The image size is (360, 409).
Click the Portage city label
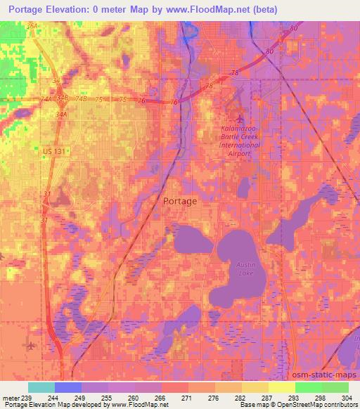click(x=180, y=200)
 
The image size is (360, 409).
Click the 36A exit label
click(x=32, y=26)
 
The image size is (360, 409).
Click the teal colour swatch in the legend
click(x=41, y=387)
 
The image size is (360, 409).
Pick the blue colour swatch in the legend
click(x=67, y=387)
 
